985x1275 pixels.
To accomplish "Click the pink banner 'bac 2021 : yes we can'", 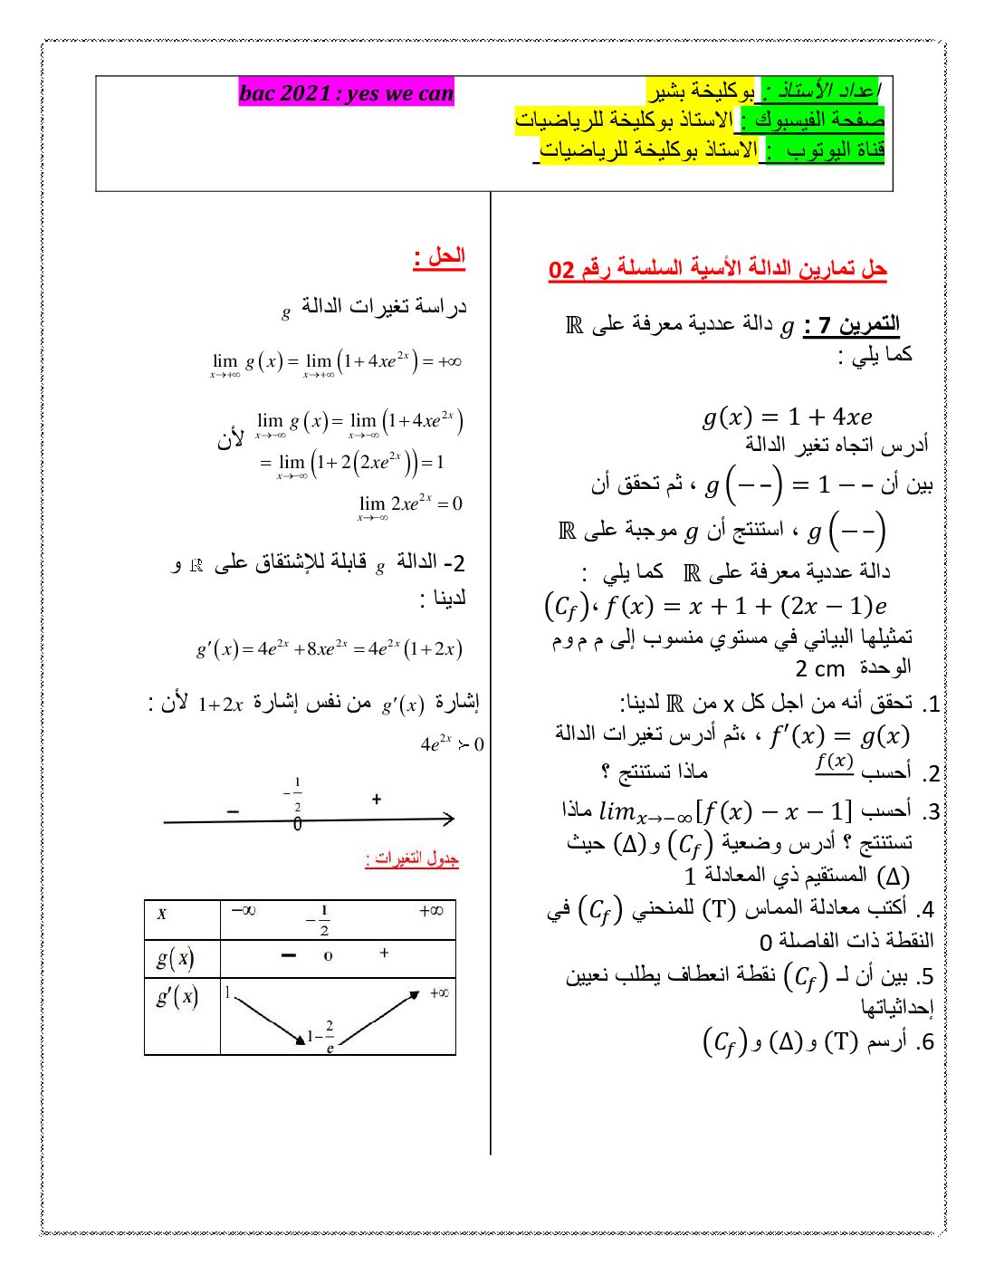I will (346, 93).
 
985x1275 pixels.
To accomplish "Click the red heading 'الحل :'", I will (439, 257).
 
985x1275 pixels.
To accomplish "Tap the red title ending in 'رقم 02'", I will (717, 269).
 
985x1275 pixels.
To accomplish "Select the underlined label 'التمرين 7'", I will (852, 325).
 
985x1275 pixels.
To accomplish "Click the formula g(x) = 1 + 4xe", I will (787, 417).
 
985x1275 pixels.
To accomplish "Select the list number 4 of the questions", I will (924, 909).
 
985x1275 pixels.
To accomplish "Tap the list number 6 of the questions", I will (924, 1042).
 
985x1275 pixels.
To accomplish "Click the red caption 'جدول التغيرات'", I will (412, 858).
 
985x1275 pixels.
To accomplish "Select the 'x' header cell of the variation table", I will (162, 913).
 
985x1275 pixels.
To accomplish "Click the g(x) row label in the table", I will (175, 958).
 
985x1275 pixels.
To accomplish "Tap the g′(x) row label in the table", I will (177, 997).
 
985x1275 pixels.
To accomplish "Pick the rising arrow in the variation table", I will (379, 1019).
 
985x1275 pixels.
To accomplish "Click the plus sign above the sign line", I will (377, 799).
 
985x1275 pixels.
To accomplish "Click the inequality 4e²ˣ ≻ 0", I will (452, 744).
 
